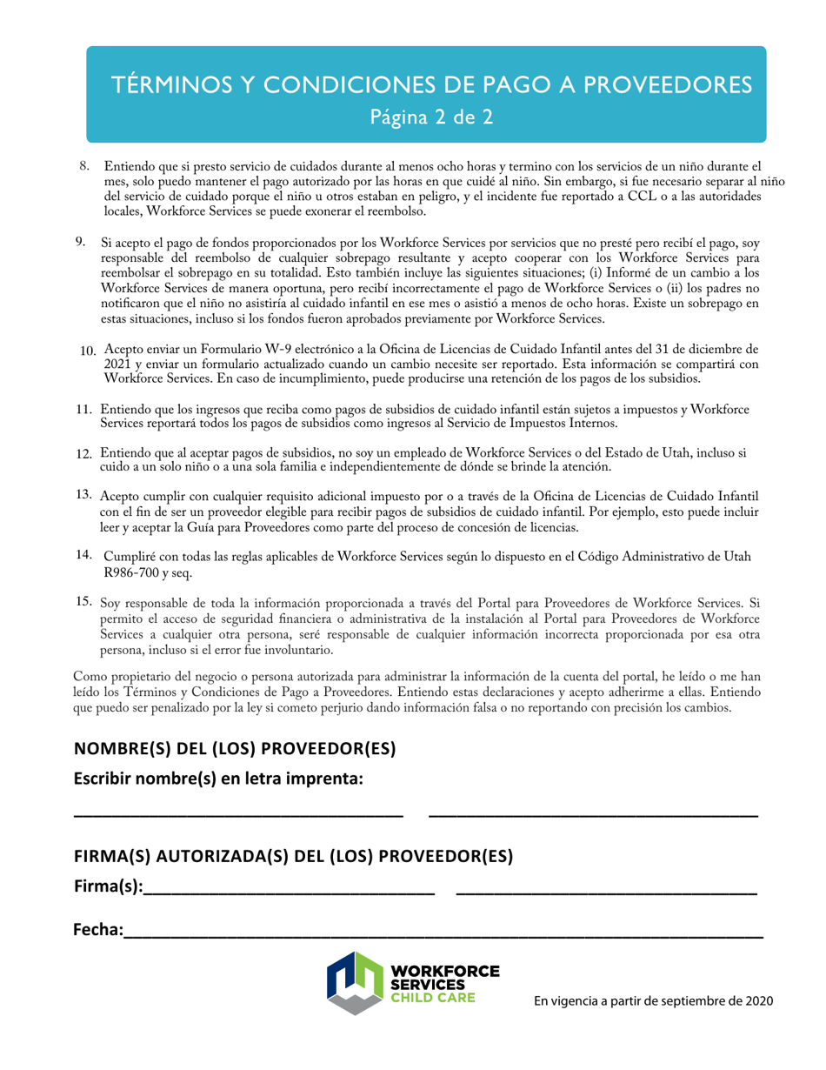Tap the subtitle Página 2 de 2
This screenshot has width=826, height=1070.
point(431,117)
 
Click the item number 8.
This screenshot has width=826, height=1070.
point(85,165)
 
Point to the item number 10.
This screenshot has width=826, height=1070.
point(87,351)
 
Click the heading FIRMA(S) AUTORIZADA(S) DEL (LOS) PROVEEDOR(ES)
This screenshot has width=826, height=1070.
point(293,856)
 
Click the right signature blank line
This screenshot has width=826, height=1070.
point(606,893)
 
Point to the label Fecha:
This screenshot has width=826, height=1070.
point(97,931)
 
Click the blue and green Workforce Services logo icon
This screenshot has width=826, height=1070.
point(356,982)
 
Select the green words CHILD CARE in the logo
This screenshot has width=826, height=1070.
point(434,997)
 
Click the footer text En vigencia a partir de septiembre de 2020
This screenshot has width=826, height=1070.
point(653,1001)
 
